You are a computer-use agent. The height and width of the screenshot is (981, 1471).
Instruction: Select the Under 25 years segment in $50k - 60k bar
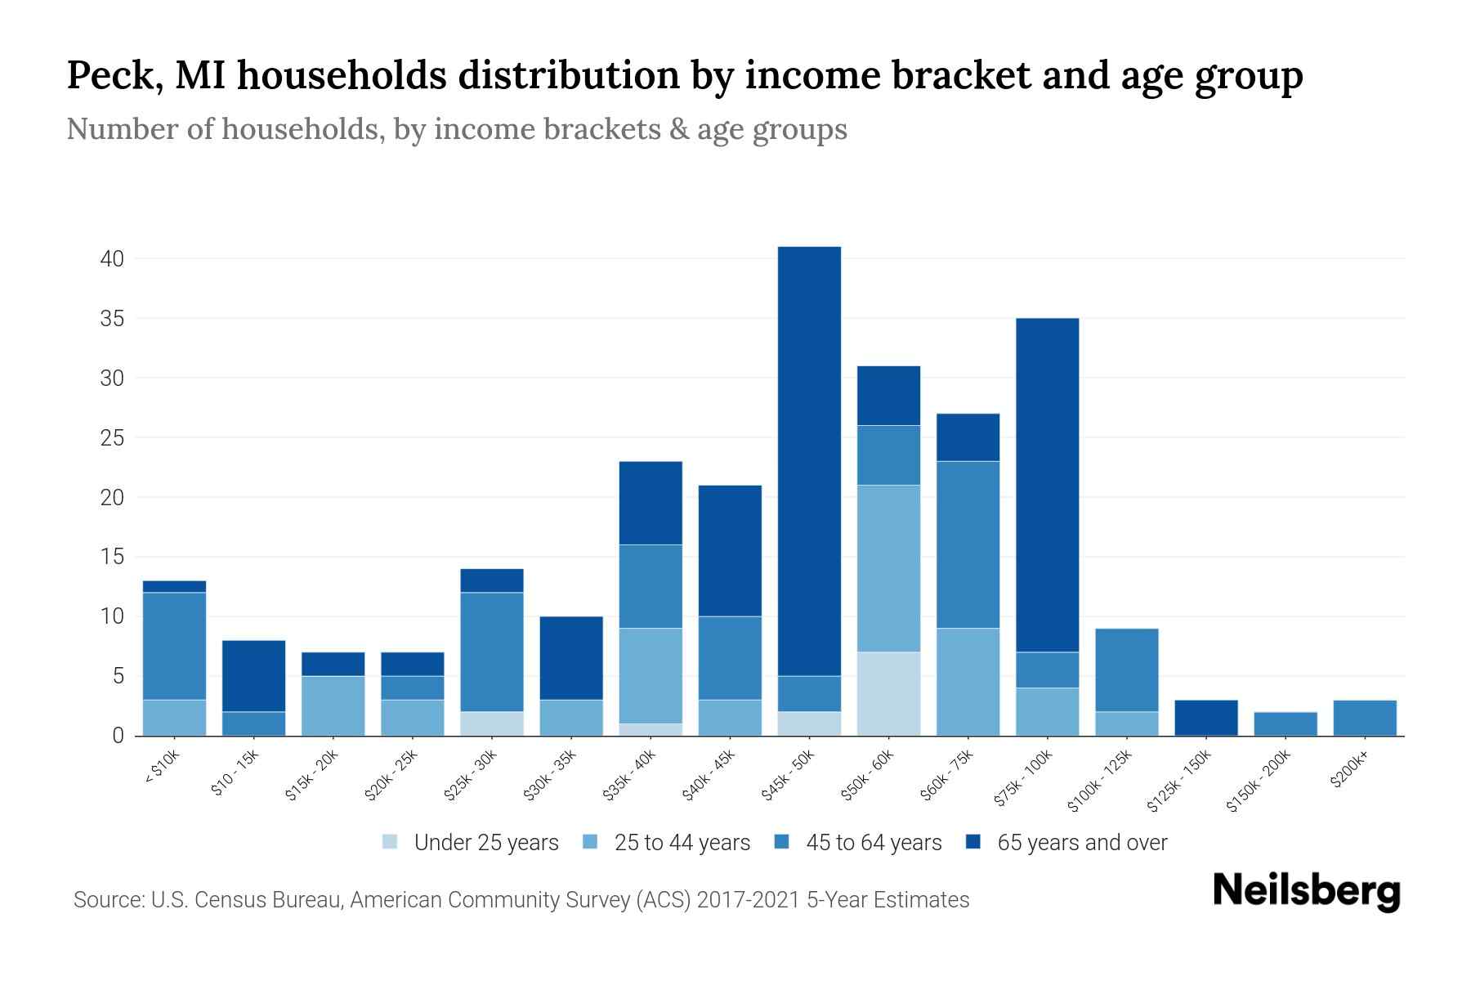(x=888, y=693)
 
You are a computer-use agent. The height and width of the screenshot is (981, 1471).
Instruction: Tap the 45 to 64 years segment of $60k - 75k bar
(x=968, y=544)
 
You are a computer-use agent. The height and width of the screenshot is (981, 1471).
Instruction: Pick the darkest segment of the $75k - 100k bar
(x=1047, y=485)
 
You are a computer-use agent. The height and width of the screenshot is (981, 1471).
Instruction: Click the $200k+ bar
(x=1364, y=718)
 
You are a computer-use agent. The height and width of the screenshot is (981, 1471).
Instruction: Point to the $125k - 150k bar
(x=1205, y=718)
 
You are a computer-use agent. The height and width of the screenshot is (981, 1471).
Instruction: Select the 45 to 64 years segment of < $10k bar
(x=174, y=646)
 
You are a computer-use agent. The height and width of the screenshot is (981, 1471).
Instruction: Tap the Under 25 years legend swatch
(x=390, y=842)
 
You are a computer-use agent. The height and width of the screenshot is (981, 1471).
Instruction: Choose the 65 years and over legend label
(x=1081, y=843)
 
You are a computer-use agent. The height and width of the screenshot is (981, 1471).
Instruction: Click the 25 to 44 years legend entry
(x=681, y=843)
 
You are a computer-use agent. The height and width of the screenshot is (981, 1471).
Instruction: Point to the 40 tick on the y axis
(x=112, y=259)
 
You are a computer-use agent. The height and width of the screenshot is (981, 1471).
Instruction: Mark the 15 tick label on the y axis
(x=112, y=558)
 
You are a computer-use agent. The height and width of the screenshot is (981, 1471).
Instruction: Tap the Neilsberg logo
(x=1306, y=891)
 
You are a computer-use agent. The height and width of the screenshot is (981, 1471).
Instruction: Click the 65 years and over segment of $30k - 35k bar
(x=571, y=658)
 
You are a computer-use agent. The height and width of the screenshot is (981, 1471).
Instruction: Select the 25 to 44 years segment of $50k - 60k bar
(x=888, y=568)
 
